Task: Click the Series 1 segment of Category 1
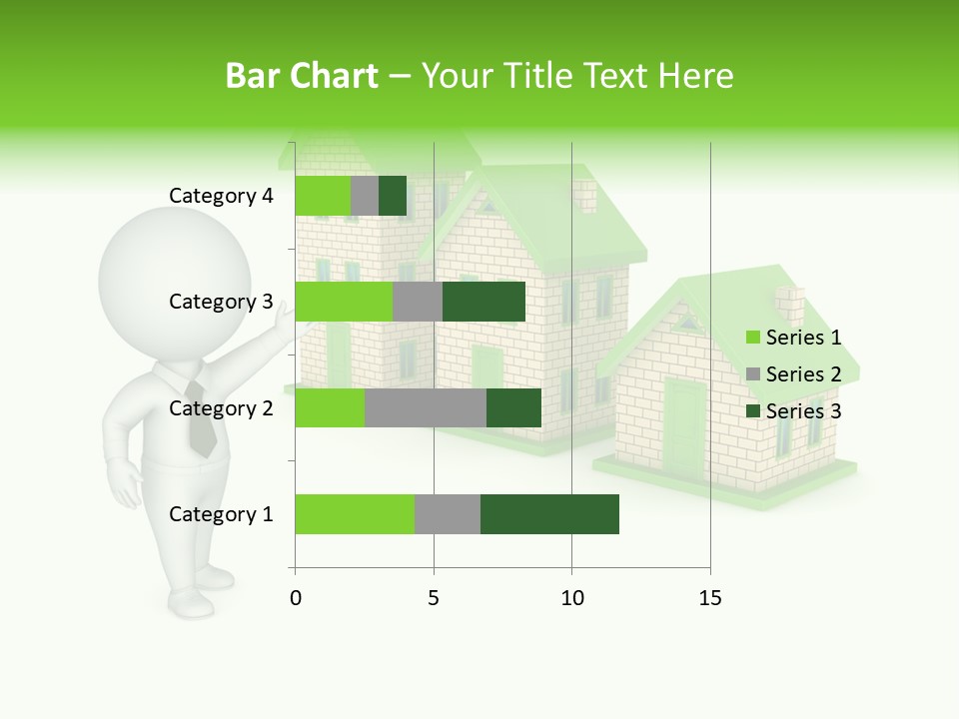355,514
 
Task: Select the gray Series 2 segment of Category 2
426,407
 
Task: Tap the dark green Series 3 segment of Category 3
483,302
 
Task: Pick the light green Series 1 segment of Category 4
323,196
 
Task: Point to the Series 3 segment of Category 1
549,514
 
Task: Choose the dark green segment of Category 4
393,196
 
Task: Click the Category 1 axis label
221,514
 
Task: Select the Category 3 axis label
221,302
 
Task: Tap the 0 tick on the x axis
296,598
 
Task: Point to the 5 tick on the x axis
434,598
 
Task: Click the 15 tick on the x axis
710,598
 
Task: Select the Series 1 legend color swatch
753,338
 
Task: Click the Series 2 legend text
803,374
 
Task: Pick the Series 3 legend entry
794,411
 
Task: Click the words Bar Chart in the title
301,76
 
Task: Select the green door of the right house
684,424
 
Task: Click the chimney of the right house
789,305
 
